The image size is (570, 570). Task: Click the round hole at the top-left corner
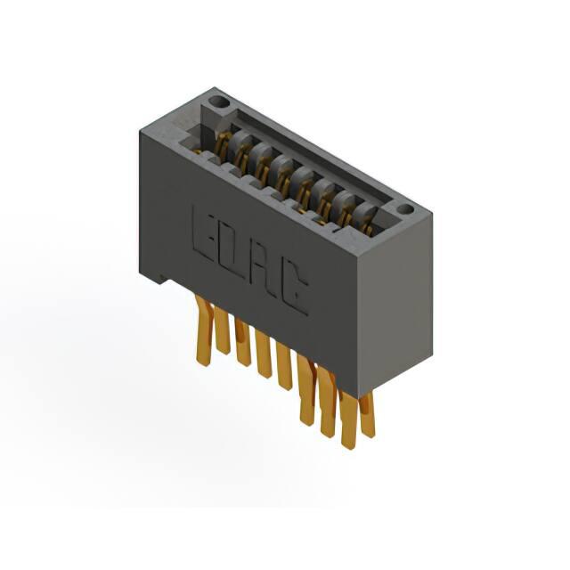pos(219,102)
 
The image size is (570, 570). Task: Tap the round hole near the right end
pos(405,209)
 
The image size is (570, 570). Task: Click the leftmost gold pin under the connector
pos(204,330)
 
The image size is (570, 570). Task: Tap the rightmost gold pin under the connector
pos(367,414)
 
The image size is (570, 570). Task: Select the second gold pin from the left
pos(222,330)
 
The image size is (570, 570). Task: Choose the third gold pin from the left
pos(242,341)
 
